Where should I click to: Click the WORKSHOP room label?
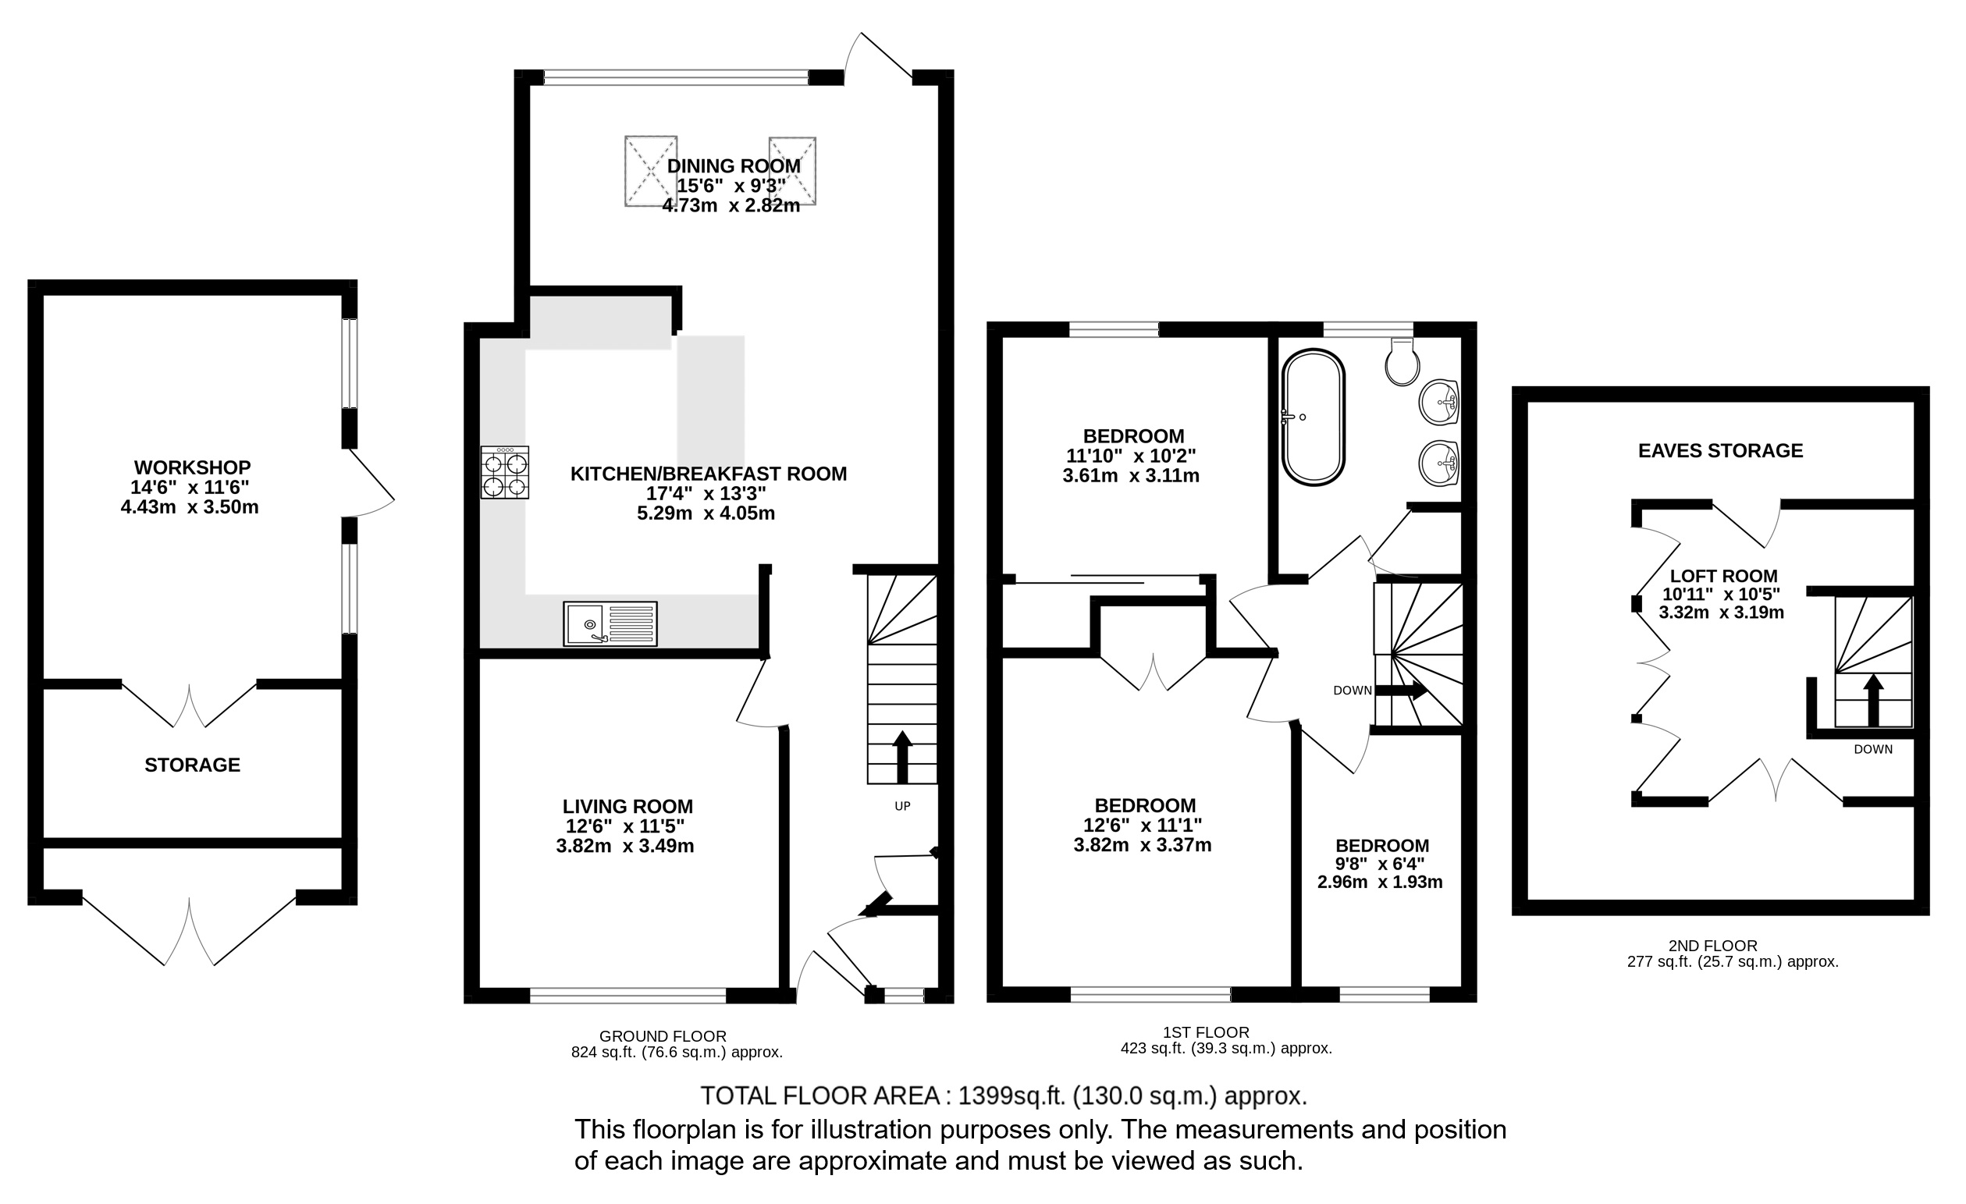pos(192,467)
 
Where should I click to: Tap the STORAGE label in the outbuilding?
pos(192,765)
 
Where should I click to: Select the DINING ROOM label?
pos(734,166)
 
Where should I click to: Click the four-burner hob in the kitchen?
pos(504,472)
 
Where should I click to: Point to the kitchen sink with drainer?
pos(610,624)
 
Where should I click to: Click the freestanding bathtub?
pos(1313,417)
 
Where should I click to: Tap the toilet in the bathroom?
pos(1402,362)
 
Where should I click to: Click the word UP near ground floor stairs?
pos(902,806)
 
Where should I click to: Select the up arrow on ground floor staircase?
pos(902,756)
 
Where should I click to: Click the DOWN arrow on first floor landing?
pos(1401,690)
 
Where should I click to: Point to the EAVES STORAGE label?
pos(1720,451)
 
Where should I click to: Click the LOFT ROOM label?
pos(1723,576)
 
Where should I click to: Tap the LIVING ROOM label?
pos(627,807)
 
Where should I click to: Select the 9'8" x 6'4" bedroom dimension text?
pos(1382,864)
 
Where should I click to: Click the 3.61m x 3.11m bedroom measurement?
pos(1131,476)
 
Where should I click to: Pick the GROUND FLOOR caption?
pos(663,1036)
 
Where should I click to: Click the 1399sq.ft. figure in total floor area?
pos(1011,1096)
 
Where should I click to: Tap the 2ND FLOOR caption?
pos(1722,947)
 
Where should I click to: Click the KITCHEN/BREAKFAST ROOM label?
pos(709,474)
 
